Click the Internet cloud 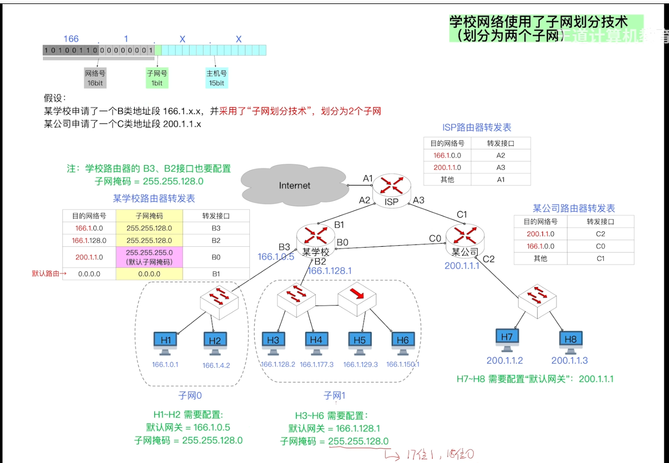click(294, 185)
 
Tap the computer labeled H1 click(166, 342)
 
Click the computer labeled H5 click(360, 342)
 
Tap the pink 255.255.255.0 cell click(149, 257)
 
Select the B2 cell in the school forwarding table click(216, 240)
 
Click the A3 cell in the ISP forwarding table click(501, 168)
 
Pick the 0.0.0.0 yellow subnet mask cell click(149, 274)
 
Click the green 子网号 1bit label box click(157, 78)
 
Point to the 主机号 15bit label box click(216, 78)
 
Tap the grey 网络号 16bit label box click(95, 78)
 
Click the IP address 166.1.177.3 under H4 click(317, 365)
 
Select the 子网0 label click(190, 396)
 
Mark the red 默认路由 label click(48, 274)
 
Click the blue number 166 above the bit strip click(71, 39)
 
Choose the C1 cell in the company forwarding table click(600, 259)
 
